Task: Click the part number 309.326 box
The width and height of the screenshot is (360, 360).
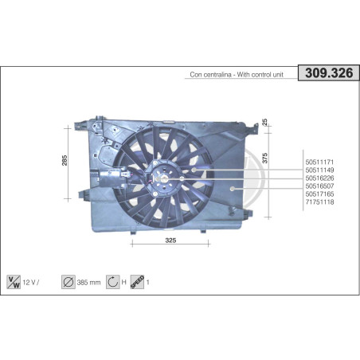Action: pyautogui.click(x=327, y=74)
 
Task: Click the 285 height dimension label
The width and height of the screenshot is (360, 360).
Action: pyautogui.click(x=65, y=159)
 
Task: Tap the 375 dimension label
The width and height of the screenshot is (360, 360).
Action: pyautogui.click(x=265, y=157)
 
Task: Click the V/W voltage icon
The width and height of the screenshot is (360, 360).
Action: pyautogui.click(x=14, y=280)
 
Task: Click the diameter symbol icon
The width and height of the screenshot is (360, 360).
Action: pyautogui.click(x=68, y=280)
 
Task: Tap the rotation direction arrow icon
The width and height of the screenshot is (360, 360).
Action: pyautogui.click(x=113, y=280)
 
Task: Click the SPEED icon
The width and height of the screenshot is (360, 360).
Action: pyautogui.click(x=136, y=280)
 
